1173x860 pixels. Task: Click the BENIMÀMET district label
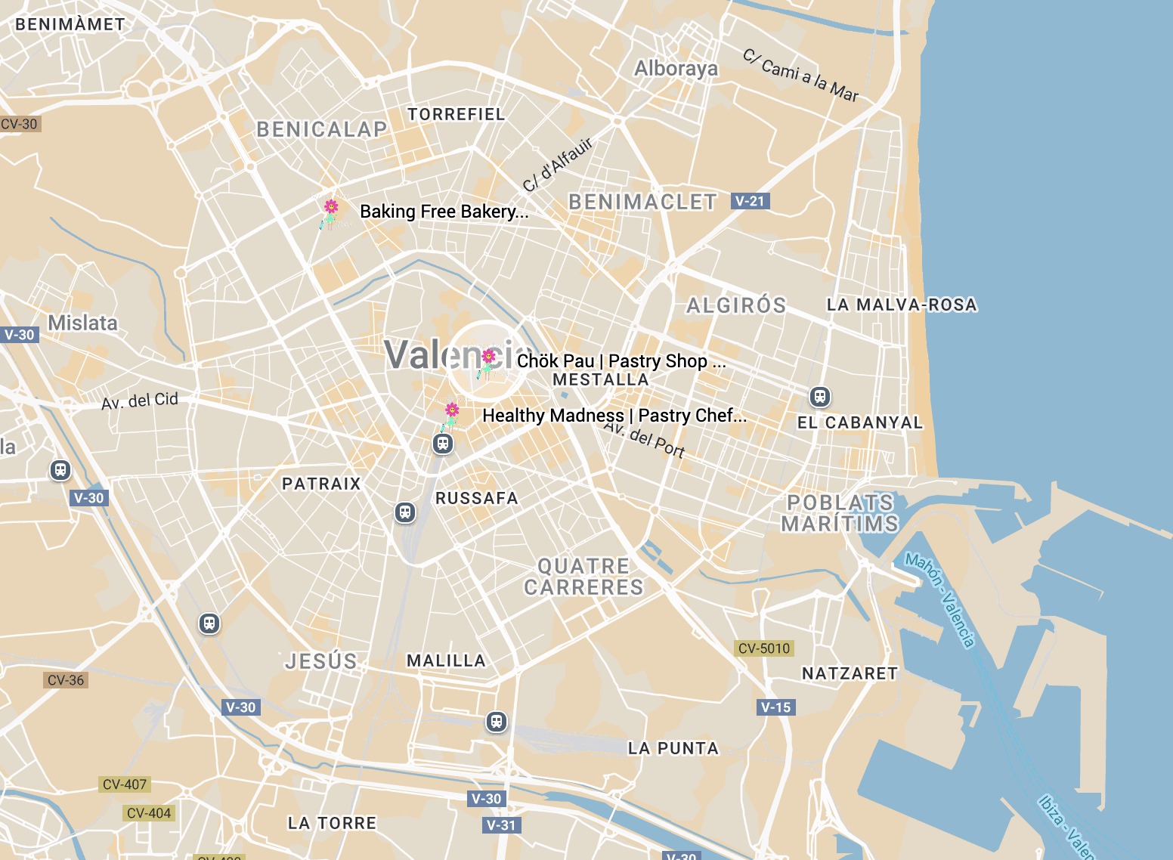click(x=70, y=24)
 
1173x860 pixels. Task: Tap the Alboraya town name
click(x=676, y=69)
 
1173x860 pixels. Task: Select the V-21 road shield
click(x=750, y=201)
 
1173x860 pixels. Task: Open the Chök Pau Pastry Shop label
click(x=621, y=361)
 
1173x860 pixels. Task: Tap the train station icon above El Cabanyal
click(x=820, y=396)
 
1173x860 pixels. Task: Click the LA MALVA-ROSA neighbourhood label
click(x=902, y=305)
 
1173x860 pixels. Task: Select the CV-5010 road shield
click(x=763, y=648)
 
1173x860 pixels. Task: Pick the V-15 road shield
click(x=775, y=707)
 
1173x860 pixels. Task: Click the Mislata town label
click(x=83, y=323)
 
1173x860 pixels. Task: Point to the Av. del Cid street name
click(x=140, y=401)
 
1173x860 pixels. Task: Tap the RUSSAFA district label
click(x=477, y=498)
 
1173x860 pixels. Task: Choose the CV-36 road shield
click(x=66, y=680)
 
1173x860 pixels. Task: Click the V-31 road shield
click(x=501, y=825)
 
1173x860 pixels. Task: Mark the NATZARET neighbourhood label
click(x=850, y=673)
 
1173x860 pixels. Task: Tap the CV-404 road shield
click(x=149, y=813)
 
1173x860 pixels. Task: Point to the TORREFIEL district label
click(x=456, y=114)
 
